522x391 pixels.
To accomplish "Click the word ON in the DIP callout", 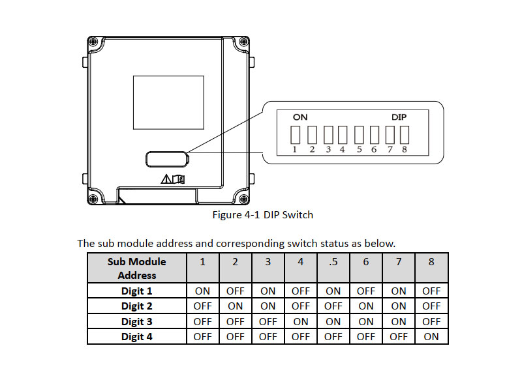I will click(299, 117).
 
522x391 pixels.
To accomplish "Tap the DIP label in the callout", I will click(399, 117).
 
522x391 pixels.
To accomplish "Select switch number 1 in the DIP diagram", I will click(295, 135).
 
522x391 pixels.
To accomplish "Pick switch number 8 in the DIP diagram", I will click(405, 135).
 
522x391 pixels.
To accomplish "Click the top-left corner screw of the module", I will click(93, 41).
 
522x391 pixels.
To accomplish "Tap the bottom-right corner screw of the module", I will click(243, 199).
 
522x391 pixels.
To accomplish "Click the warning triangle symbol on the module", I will click(166, 179).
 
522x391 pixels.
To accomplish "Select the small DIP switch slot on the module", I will click(167, 158).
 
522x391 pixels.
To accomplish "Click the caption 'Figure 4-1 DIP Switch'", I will click(263, 214).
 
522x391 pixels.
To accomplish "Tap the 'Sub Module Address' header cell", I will click(137, 268).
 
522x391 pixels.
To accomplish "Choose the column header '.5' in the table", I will click(333, 262).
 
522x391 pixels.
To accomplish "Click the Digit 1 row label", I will click(137, 291).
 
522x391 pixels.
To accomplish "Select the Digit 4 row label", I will click(137, 337).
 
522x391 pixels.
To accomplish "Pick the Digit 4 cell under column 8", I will click(431, 337).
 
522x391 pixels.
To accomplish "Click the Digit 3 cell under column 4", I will click(301, 321).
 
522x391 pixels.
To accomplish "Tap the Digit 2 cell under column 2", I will click(236, 306).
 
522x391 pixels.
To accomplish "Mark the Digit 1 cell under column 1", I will click(203, 291).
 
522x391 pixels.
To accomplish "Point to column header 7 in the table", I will click(399, 262).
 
